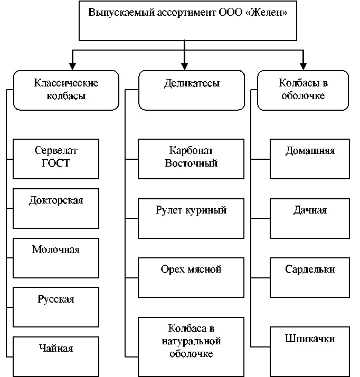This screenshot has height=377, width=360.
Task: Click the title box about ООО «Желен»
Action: point(184,21)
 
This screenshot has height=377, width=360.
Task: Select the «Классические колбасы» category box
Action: point(66,90)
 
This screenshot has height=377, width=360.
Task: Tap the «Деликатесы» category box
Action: point(192,90)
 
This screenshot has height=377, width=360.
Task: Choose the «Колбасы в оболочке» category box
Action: point(303,90)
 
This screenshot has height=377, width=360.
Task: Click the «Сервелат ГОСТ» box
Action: point(56,158)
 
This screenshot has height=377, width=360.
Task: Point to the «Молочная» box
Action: point(56,257)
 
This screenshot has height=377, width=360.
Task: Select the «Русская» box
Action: point(56,307)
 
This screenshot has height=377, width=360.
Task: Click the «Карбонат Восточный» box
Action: point(191,158)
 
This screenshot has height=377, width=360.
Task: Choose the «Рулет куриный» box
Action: point(191,218)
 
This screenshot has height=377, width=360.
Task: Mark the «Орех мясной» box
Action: point(191,277)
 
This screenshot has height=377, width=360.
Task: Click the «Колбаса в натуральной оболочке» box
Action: point(191,346)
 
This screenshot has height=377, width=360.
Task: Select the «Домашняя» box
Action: point(310,158)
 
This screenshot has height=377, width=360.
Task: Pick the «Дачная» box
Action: point(310,218)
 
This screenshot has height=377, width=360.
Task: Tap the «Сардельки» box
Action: point(310,277)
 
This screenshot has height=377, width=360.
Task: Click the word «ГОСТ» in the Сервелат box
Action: point(55,163)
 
